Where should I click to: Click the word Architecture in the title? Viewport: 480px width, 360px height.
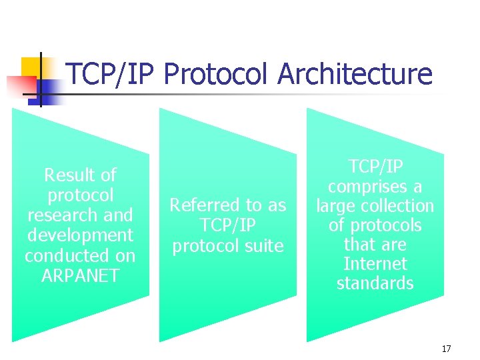pos(355,74)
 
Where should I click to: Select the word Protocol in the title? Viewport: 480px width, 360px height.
pos(217,74)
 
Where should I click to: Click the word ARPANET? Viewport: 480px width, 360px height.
pos(80,275)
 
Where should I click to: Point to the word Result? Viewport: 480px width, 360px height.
pos(69,175)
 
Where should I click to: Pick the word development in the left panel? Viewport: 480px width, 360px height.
pos(80,235)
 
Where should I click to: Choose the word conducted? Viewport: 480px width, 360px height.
pos(80,255)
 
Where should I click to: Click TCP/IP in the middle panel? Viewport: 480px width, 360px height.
pos(228,225)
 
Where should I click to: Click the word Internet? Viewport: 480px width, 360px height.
pos(375,264)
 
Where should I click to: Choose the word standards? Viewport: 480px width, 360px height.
pos(375,283)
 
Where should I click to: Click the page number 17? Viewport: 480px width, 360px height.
pos(446,349)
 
